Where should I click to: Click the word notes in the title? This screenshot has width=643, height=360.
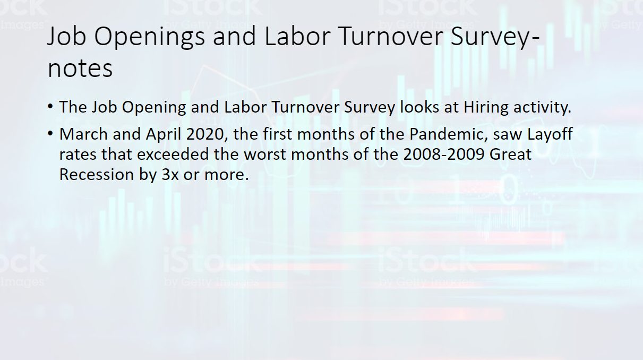point(80,69)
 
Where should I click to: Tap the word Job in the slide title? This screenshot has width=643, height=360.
point(66,36)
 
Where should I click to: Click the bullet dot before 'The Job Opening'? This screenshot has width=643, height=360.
point(50,107)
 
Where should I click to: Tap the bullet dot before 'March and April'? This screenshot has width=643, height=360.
point(50,133)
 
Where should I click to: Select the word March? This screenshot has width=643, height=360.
point(83,134)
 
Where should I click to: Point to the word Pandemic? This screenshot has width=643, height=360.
point(449,134)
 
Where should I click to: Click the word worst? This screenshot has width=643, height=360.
point(264,155)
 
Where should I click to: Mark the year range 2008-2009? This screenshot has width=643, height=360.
point(444,155)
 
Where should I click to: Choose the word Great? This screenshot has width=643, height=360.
point(510,155)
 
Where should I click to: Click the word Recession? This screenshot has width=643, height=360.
point(97,175)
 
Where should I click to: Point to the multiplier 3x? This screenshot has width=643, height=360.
point(170,175)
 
